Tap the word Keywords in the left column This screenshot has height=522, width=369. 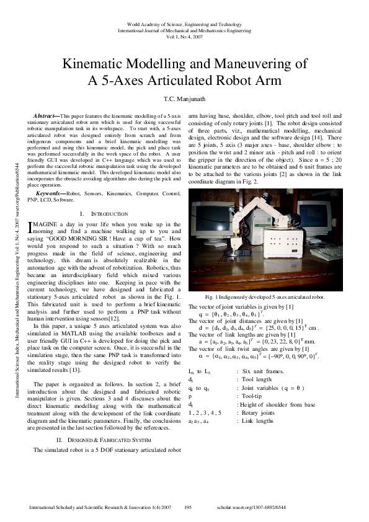49,194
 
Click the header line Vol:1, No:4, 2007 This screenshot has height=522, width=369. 184,37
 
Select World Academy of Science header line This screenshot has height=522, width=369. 184,22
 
